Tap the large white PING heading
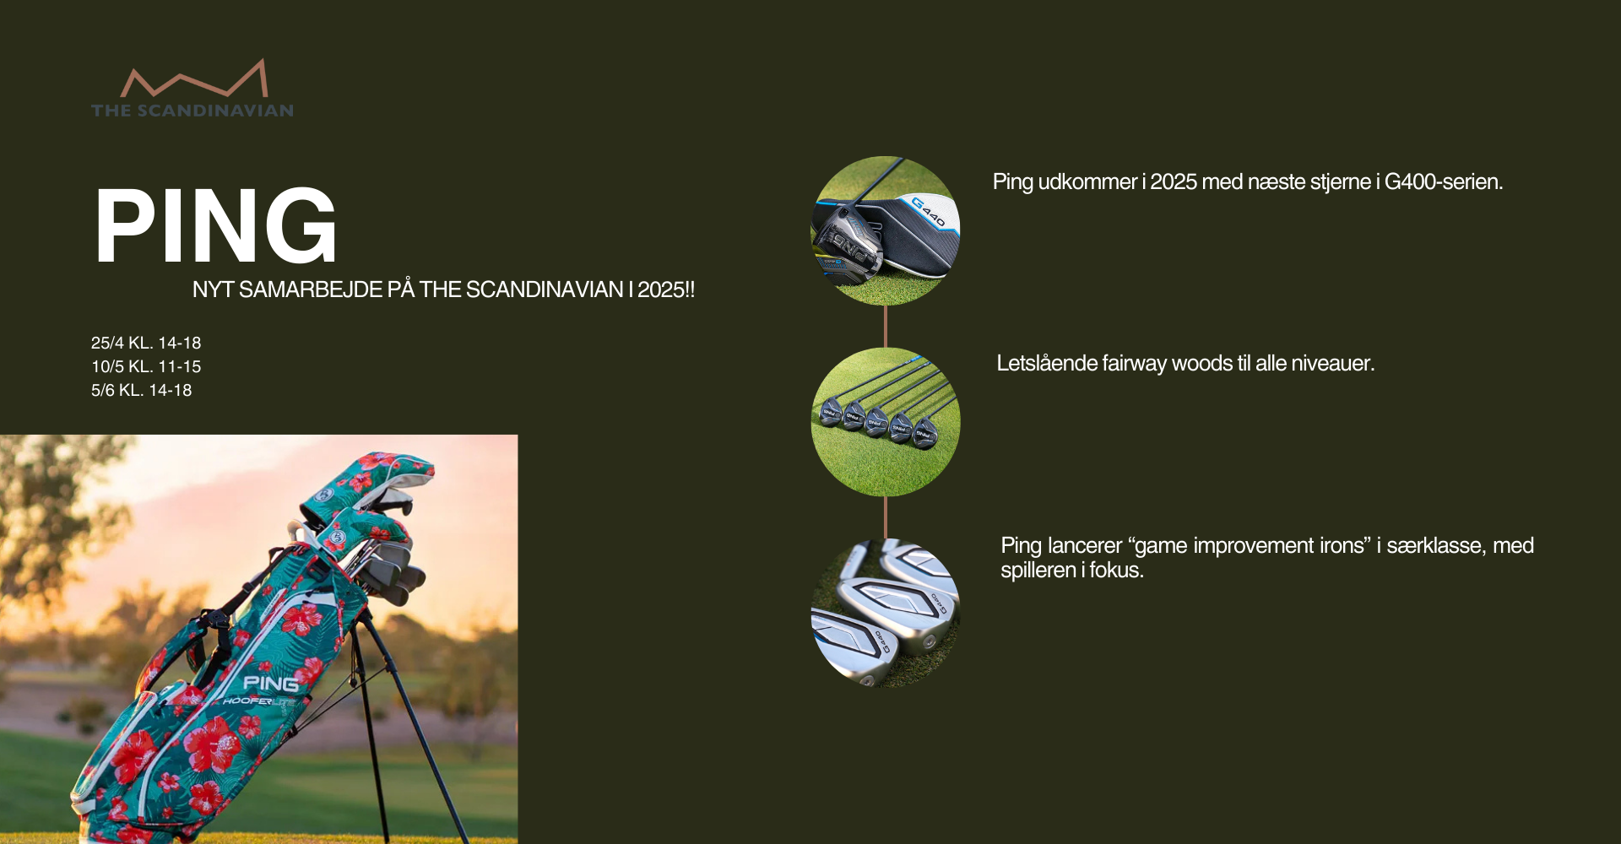[216, 226]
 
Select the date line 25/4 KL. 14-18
[146, 343]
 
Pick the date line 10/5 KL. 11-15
[146, 366]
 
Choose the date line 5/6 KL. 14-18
[141, 390]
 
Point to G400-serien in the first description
[1444, 181]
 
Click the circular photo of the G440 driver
[885, 230]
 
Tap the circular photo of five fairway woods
[885, 422]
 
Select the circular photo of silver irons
[885, 614]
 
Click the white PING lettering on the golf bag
[271, 683]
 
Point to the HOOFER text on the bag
[247, 701]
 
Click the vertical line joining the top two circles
[885, 327]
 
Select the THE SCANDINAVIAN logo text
[192, 111]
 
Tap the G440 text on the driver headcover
[929, 211]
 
